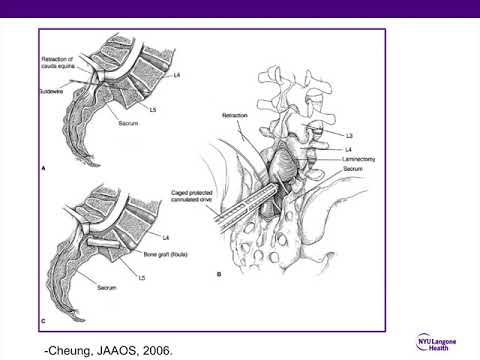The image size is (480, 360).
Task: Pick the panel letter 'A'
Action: tap(43, 170)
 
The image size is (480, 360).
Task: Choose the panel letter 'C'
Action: tap(43, 320)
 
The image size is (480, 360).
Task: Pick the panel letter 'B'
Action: tap(219, 272)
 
